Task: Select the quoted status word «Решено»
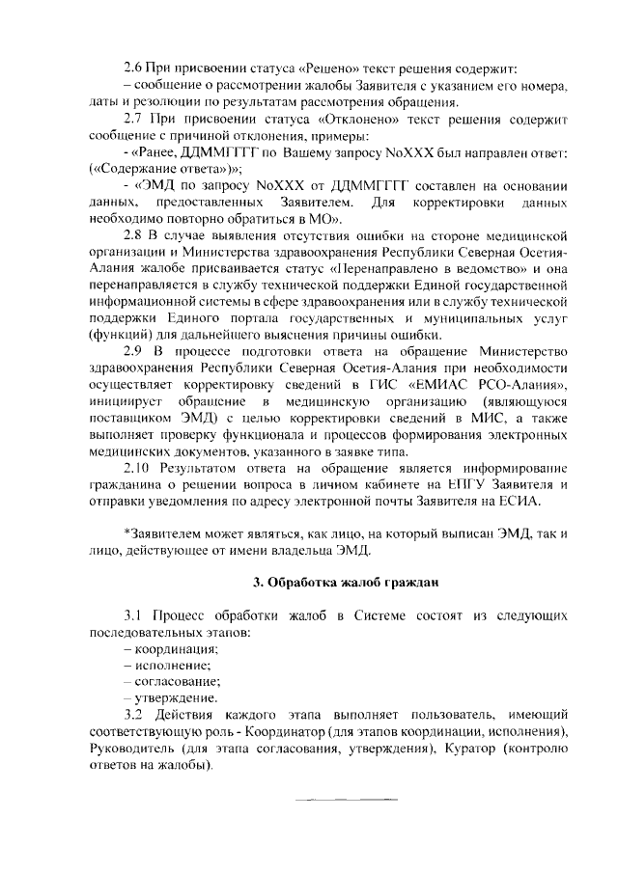(x=326, y=68)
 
